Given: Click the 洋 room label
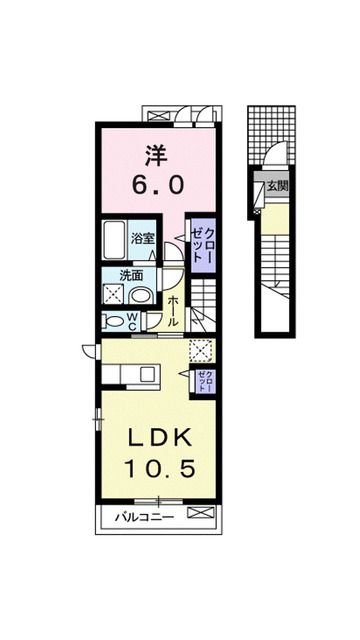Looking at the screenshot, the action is coord(156,156).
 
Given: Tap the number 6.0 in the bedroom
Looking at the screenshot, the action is coord(157,186).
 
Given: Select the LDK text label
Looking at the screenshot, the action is coord(159,439).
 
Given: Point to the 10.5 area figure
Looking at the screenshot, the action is coord(160,468).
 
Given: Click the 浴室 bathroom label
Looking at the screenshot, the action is coord(142,239).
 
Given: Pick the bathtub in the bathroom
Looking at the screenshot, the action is coord(114,240).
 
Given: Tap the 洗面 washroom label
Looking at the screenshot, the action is coord(131,276).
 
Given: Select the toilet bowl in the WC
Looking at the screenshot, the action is coord(113,322).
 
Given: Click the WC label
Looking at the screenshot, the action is coord(134,321).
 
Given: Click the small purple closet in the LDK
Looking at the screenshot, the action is coord(204,382).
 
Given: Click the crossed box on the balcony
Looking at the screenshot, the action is coord(200,512).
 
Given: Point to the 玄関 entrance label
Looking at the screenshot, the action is coord(277,186).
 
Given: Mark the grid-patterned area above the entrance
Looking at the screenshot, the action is coord(271,133).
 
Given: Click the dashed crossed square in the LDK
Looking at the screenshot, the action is coord(201,350).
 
